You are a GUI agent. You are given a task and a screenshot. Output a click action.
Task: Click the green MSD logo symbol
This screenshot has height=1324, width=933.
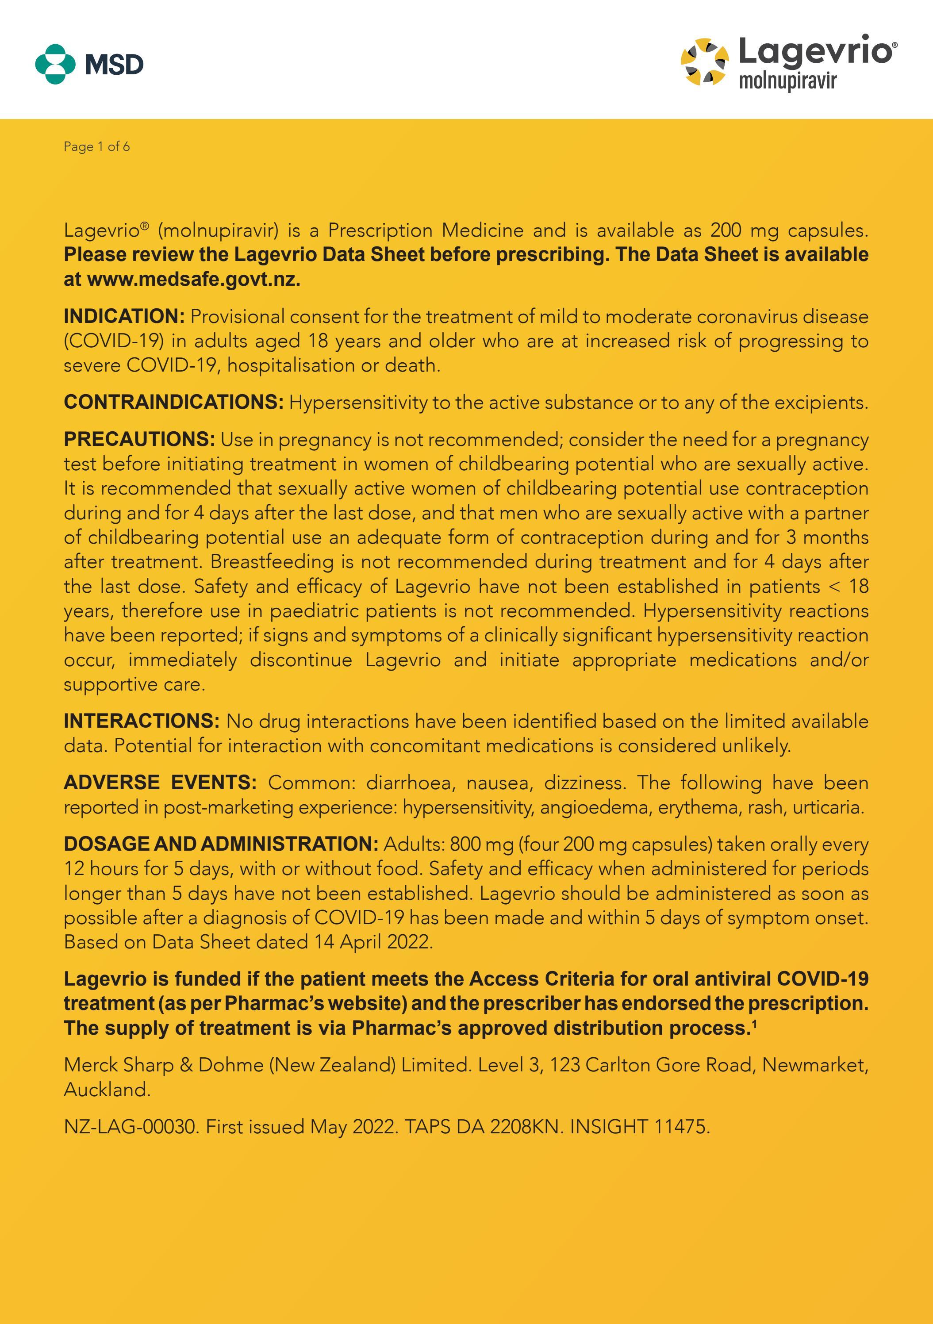[x=55, y=64]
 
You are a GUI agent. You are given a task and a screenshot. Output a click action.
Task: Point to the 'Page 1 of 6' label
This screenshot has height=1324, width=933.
[x=97, y=146]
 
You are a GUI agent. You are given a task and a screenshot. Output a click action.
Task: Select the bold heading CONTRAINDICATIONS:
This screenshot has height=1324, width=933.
[x=173, y=402]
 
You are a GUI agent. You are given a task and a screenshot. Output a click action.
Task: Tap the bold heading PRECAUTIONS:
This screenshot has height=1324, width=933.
[x=139, y=439]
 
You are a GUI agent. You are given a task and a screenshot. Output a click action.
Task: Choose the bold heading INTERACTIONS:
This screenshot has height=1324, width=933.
[x=141, y=721]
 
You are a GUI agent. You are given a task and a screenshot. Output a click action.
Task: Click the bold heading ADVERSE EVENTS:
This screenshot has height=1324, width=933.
[x=160, y=783]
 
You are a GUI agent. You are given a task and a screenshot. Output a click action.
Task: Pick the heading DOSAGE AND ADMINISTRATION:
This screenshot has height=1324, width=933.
[x=221, y=844]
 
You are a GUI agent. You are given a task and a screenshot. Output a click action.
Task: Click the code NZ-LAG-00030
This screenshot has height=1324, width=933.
[x=131, y=1126]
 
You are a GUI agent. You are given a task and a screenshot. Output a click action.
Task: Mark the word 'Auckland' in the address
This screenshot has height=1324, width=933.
[x=107, y=1089]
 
